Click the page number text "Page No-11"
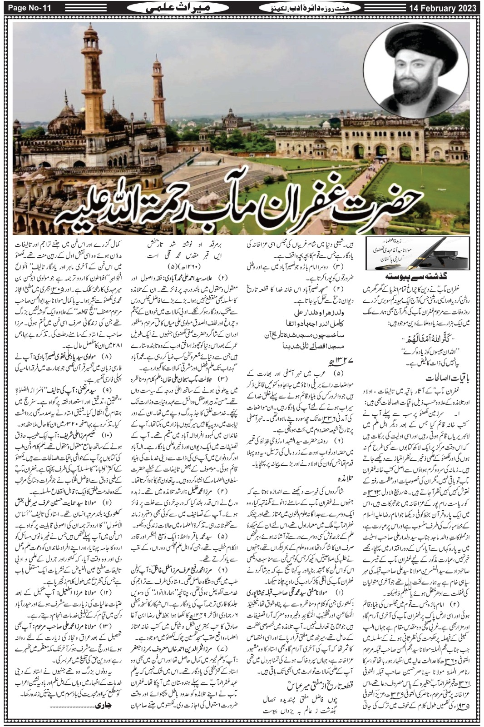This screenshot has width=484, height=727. [26, 8]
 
